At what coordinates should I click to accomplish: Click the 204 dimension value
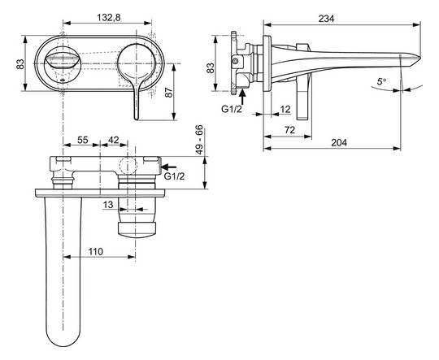(x=340, y=142)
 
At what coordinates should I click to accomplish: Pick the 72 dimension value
(x=290, y=128)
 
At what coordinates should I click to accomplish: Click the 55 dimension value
(x=82, y=140)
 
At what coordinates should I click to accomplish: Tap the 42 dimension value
(x=115, y=140)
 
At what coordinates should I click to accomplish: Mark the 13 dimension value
(x=108, y=206)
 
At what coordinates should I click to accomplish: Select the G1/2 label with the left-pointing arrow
(x=174, y=176)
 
